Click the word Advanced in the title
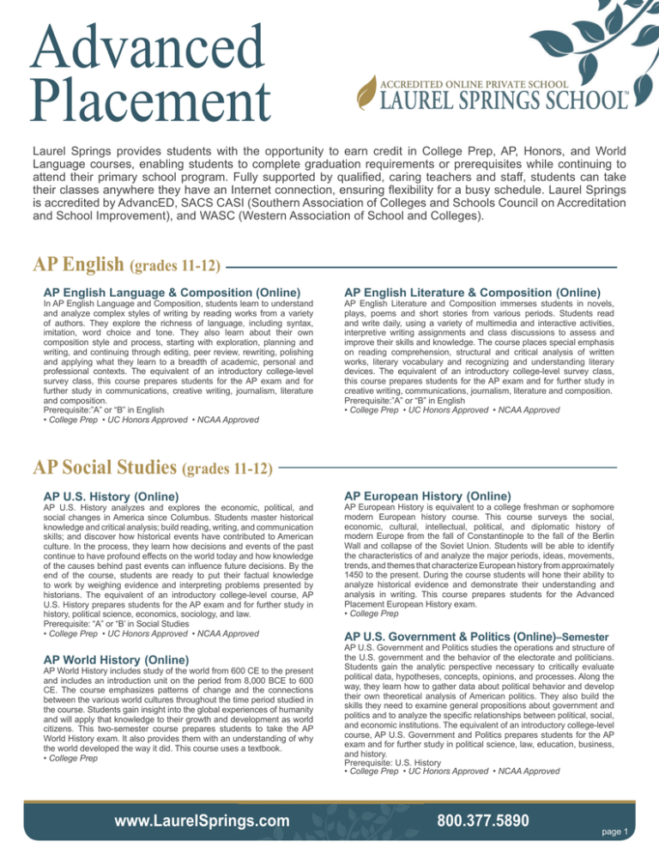click(137, 48)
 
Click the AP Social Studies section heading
click(153, 467)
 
